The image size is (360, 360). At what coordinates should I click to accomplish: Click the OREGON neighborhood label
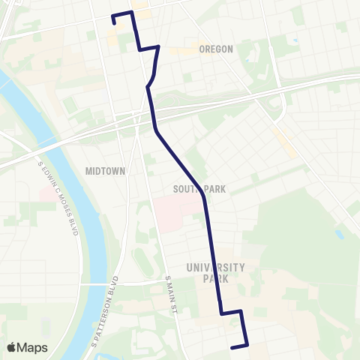coord(217,49)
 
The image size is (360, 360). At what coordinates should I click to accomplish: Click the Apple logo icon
coord(13,347)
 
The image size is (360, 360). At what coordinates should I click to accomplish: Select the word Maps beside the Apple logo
coord(34,347)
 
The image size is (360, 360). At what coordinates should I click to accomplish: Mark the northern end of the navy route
coord(114,24)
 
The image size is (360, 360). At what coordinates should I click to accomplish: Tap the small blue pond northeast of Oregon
coord(294,40)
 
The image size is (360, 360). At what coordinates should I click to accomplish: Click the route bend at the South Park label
coord(204,196)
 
